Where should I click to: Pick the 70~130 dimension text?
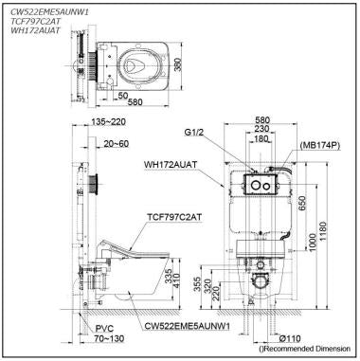96,338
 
